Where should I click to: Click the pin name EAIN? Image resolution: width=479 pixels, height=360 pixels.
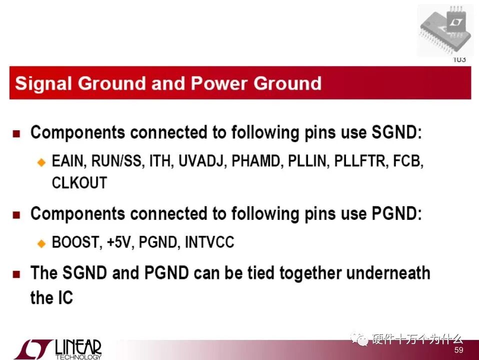point(67,161)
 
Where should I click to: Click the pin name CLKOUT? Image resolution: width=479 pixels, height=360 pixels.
point(79,183)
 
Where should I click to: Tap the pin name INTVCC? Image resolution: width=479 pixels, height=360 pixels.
point(209,242)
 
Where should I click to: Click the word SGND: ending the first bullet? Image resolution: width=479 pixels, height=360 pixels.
point(396,132)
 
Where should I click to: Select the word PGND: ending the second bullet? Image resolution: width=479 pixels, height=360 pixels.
point(396,213)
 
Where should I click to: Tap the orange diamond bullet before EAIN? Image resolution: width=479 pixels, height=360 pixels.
point(41,162)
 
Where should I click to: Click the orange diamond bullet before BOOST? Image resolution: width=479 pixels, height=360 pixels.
point(41,243)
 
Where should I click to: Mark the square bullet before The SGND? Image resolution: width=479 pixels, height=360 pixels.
point(16,274)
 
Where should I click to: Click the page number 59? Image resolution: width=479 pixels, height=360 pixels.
point(459,350)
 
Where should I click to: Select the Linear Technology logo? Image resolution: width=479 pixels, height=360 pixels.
point(57,349)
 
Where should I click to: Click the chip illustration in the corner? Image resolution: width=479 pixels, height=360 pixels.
point(445,31)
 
